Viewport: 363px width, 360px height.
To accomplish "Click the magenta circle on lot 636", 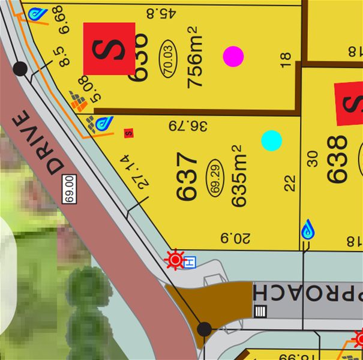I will coord(233,56).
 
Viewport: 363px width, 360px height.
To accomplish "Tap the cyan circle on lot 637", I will coord(272,140).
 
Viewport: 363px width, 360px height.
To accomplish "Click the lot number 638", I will coord(337,159).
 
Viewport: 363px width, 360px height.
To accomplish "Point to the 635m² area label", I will coord(238,175).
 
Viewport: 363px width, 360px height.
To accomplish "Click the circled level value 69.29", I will coord(215,177).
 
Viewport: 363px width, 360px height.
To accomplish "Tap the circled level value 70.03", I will coord(169,57).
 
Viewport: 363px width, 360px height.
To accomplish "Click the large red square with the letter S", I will coord(109,49).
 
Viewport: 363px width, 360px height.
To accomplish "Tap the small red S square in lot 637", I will coord(128,133).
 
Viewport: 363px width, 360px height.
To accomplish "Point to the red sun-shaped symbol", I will coord(175,260).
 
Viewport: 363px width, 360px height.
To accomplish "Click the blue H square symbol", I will coord(190,262).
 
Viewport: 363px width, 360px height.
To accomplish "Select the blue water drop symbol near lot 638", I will coord(307,229).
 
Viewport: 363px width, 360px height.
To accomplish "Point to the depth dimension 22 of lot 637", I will coord(290,182).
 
